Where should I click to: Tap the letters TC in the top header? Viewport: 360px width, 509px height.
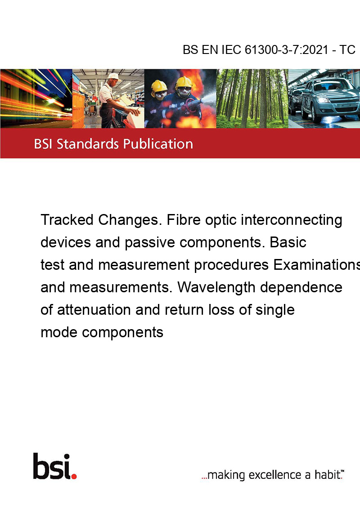[x=347, y=50]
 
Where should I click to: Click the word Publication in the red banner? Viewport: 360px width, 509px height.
[x=158, y=144]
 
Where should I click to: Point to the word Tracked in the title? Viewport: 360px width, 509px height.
[x=67, y=220]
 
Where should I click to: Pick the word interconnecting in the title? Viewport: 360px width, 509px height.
[x=292, y=220]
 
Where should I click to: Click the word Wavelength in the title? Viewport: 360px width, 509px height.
[x=216, y=288]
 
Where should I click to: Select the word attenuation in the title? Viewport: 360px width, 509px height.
[x=94, y=310]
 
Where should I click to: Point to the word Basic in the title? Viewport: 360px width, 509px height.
[x=288, y=242]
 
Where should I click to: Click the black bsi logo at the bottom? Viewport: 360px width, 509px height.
[x=52, y=466]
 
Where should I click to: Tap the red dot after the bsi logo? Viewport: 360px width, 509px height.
[x=74, y=476]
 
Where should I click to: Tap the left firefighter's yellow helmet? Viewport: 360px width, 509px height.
[x=159, y=86]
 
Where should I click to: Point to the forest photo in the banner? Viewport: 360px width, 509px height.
[x=252, y=98]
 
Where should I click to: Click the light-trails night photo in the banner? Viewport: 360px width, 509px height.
[x=36, y=98]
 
